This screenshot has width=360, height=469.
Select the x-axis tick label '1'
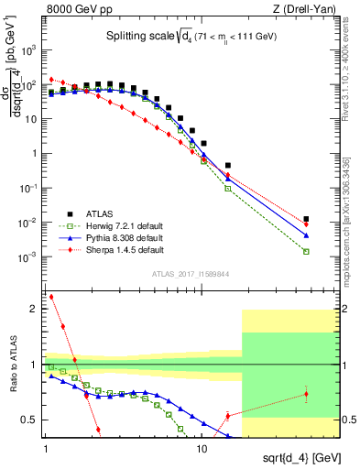click(x=45, y=450)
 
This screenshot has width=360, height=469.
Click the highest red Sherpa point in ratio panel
click(x=51, y=297)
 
